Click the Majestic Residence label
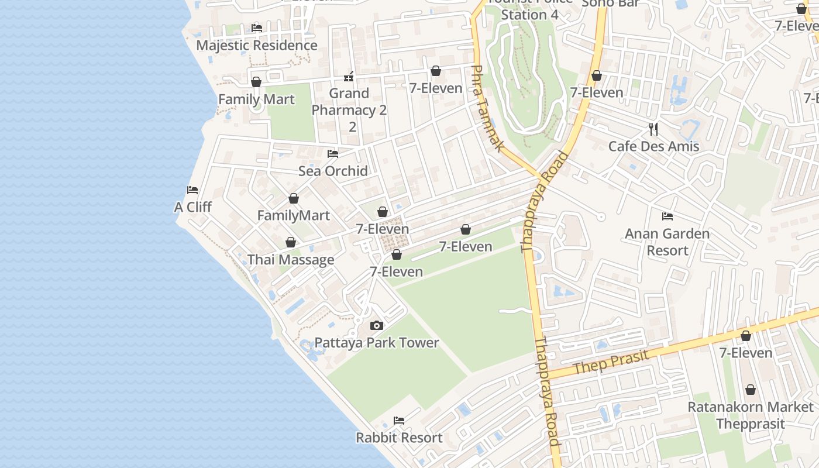point(256,46)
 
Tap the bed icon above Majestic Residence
point(256,27)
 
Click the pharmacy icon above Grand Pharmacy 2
point(349,76)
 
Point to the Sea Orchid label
point(333,171)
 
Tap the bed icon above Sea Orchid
point(333,154)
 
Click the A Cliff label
point(193,207)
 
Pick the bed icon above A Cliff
point(192,190)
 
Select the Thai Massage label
point(291,260)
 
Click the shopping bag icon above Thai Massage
point(290,242)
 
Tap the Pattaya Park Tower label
point(377,343)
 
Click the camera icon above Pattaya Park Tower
point(377,325)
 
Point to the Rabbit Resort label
point(399,438)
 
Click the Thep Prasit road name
point(611,362)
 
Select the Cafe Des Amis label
point(653,146)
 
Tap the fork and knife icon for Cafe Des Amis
point(653,129)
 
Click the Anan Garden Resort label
point(667,242)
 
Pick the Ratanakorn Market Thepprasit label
point(750,415)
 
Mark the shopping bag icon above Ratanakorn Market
point(750,390)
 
